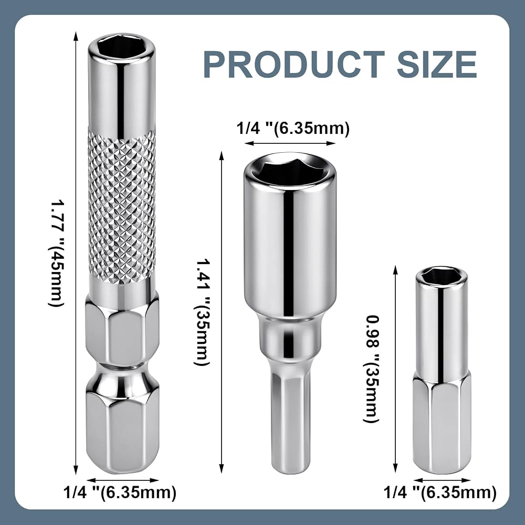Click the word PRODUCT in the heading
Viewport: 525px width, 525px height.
293,64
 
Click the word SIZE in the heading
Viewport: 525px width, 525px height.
437,64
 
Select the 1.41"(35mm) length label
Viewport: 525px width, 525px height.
202,312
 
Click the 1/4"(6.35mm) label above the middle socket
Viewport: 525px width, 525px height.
293,128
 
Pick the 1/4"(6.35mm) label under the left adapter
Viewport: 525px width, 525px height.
120,492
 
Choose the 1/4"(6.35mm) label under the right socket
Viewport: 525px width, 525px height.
439,492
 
